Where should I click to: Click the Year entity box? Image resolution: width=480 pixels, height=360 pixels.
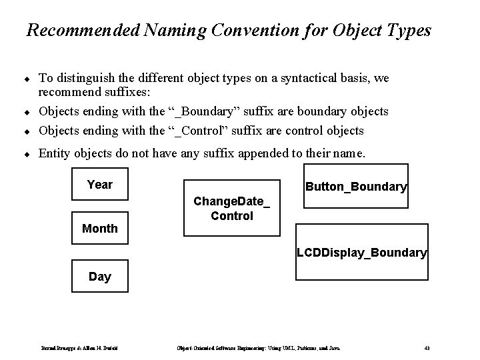coord(99,185)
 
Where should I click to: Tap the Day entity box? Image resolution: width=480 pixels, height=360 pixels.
coord(99,276)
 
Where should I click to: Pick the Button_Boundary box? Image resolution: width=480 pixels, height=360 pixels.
coord(355,187)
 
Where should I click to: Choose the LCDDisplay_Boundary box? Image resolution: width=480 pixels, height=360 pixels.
coord(362,253)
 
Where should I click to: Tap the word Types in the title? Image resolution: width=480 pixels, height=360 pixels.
coord(409,31)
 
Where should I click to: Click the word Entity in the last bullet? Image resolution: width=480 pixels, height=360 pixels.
coord(55,153)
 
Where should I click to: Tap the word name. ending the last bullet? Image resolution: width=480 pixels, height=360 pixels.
coord(349,153)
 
